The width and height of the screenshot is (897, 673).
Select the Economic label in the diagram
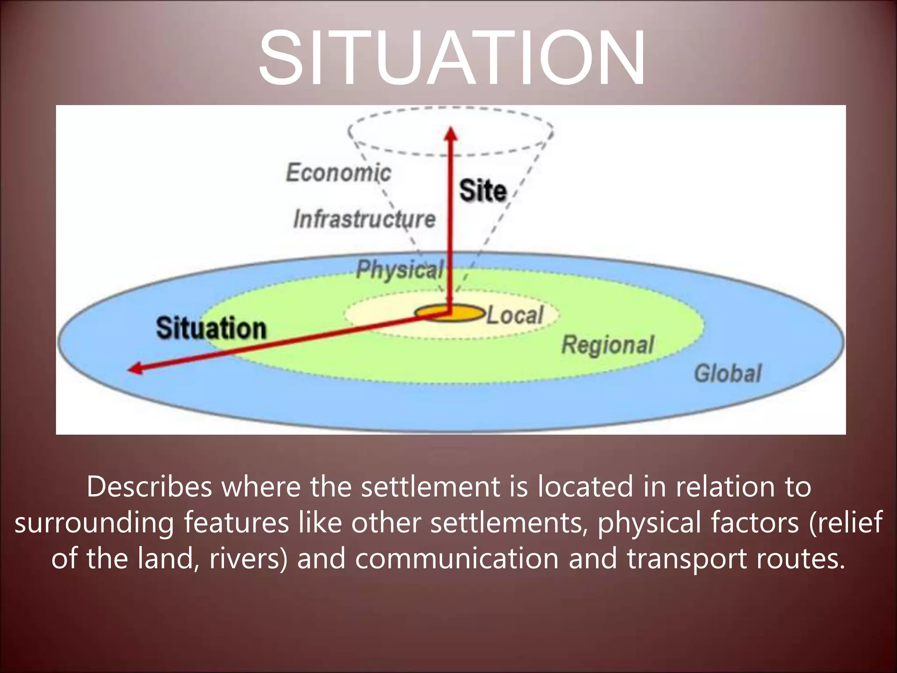point(338,172)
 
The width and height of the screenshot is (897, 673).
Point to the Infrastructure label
point(364,219)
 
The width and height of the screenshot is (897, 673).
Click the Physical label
point(399,269)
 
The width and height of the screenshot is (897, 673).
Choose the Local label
point(515,315)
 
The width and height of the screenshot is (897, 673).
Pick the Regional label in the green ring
point(608,345)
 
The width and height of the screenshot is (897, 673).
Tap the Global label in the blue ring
point(728,374)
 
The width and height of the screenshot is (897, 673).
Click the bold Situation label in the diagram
point(211,328)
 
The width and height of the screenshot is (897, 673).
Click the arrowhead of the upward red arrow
point(451,133)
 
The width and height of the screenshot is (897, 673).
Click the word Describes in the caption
point(149,487)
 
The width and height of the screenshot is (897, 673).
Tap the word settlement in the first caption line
point(430,487)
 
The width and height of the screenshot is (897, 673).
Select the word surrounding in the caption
point(95,523)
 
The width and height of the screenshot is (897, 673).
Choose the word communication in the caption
point(456,559)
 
